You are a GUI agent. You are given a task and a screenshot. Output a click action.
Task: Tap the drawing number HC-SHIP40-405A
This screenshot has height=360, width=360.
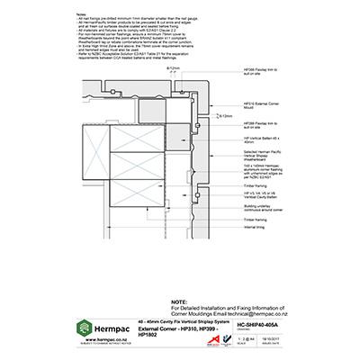tap(257, 323)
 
